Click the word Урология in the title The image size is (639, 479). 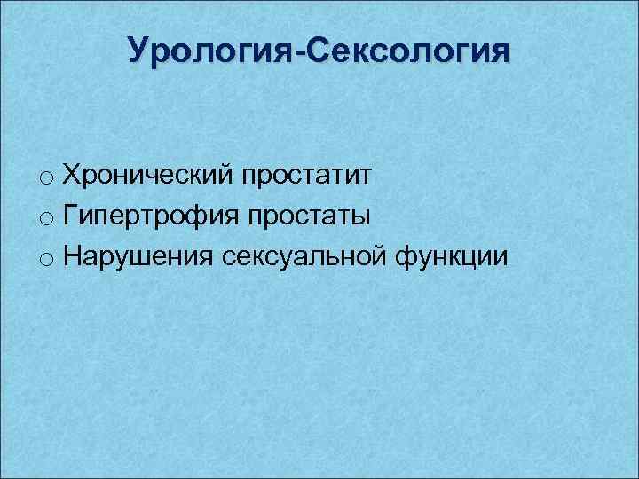(213, 51)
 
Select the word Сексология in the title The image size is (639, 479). (408, 51)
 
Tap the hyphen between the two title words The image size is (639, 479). (302, 52)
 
